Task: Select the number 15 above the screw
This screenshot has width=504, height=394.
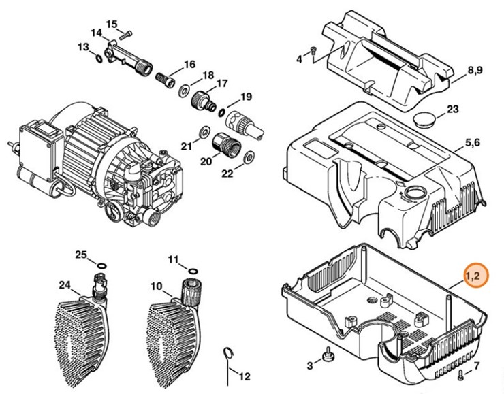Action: click(111, 24)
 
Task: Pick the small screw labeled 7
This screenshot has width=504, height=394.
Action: click(462, 376)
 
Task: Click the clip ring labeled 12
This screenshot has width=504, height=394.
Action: click(229, 355)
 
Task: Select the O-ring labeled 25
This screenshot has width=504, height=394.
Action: click(101, 264)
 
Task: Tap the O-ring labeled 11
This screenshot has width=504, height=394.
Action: click(191, 267)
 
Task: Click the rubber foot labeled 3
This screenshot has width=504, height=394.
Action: click(329, 354)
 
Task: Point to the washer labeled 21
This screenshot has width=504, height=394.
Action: click(202, 131)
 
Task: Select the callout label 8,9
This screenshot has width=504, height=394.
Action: click(474, 71)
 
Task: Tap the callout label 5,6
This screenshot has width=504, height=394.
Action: click(472, 143)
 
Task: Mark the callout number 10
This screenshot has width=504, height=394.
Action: click(155, 286)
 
